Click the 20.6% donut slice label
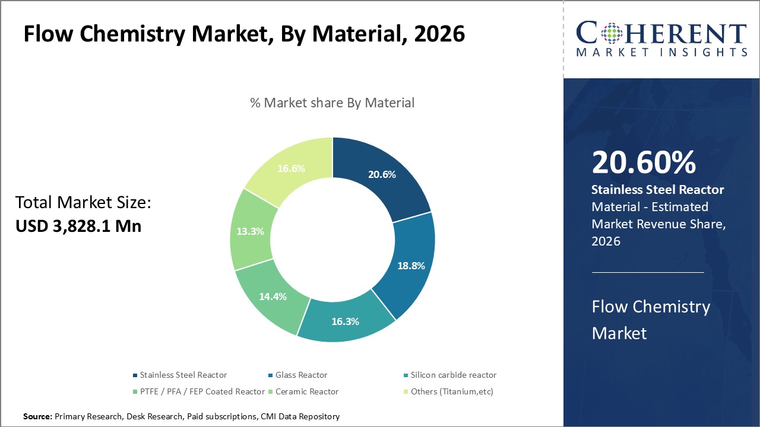[x=382, y=174]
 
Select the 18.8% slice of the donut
[x=411, y=266]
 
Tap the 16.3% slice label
[x=345, y=321]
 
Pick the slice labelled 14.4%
[x=273, y=296]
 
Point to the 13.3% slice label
[x=250, y=231]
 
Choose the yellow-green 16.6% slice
[x=291, y=168]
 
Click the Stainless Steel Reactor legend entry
[x=183, y=375]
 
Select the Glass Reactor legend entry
[x=301, y=375]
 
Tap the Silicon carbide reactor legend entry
[x=453, y=375]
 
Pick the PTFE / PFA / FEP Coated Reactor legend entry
[x=202, y=391]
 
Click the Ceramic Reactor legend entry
[x=307, y=391]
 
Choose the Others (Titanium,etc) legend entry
[x=452, y=391]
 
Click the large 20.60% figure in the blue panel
[x=644, y=163]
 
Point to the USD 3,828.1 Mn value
[x=78, y=226]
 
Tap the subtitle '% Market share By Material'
[x=332, y=103]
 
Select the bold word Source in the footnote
[x=37, y=417]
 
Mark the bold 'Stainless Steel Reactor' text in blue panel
[x=658, y=190]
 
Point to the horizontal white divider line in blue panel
[x=647, y=272]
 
